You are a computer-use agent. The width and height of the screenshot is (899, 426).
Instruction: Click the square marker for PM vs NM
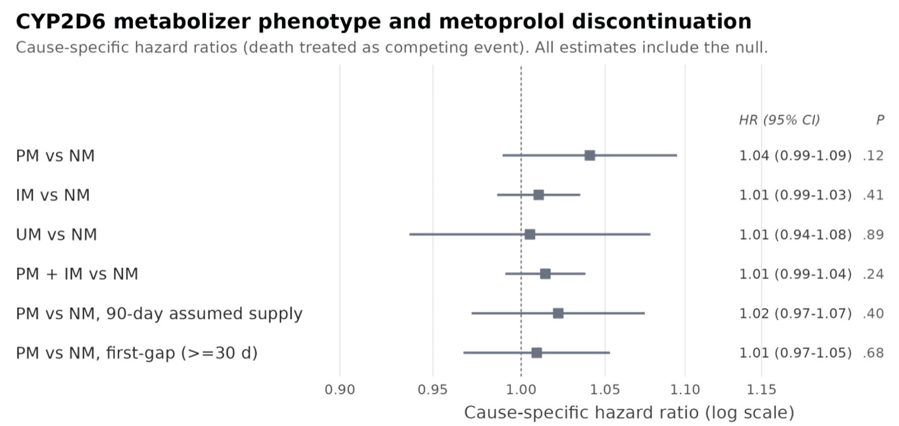point(590,155)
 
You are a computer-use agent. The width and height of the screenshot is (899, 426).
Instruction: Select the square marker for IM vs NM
point(539,195)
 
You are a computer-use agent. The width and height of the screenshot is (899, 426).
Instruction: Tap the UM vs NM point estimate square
point(530,234)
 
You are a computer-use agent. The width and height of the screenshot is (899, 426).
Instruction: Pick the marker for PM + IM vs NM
point(545,274)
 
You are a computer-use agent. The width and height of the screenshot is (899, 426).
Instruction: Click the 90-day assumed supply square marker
point(558,313)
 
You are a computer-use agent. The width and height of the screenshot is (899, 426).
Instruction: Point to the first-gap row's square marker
point(537,352)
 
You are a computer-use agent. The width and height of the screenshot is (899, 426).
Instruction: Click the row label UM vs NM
point(56,235)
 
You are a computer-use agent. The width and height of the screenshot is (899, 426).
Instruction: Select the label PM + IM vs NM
point(77,274)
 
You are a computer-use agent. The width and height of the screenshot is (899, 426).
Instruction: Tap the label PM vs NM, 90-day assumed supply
point(159,314)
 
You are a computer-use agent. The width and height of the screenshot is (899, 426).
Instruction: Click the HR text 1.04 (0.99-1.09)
point(795,155)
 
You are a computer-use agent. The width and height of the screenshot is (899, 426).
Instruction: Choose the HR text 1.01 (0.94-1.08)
point(795,235)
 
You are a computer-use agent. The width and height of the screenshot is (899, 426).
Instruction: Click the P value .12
point(873,155)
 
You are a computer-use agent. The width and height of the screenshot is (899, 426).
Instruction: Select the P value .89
point(873,235)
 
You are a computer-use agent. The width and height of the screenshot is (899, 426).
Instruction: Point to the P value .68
point(873,353)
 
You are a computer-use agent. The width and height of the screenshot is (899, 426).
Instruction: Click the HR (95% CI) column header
point(779,120)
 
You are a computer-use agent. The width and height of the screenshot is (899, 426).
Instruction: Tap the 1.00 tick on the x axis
point(521,389)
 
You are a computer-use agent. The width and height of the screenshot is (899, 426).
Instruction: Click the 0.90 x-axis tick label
point(340,389)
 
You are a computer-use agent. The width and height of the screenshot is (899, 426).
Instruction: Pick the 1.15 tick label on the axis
point(762,389)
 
